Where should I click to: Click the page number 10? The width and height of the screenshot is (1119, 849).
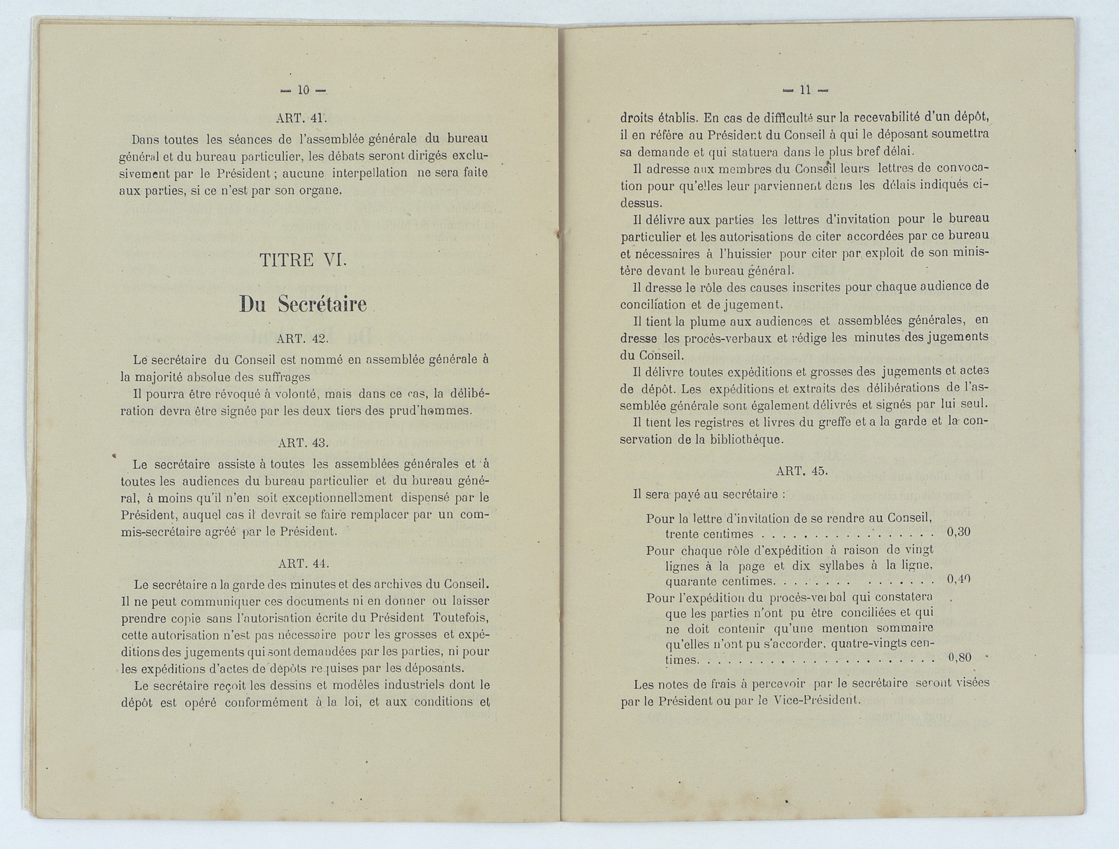303,90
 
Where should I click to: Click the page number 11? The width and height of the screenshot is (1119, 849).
804,90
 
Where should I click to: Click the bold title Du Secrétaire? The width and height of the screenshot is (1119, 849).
303,303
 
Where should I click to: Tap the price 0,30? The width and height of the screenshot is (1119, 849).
957,532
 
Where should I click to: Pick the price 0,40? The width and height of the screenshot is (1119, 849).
958,580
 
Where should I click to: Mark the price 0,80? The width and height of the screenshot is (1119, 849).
958,659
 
